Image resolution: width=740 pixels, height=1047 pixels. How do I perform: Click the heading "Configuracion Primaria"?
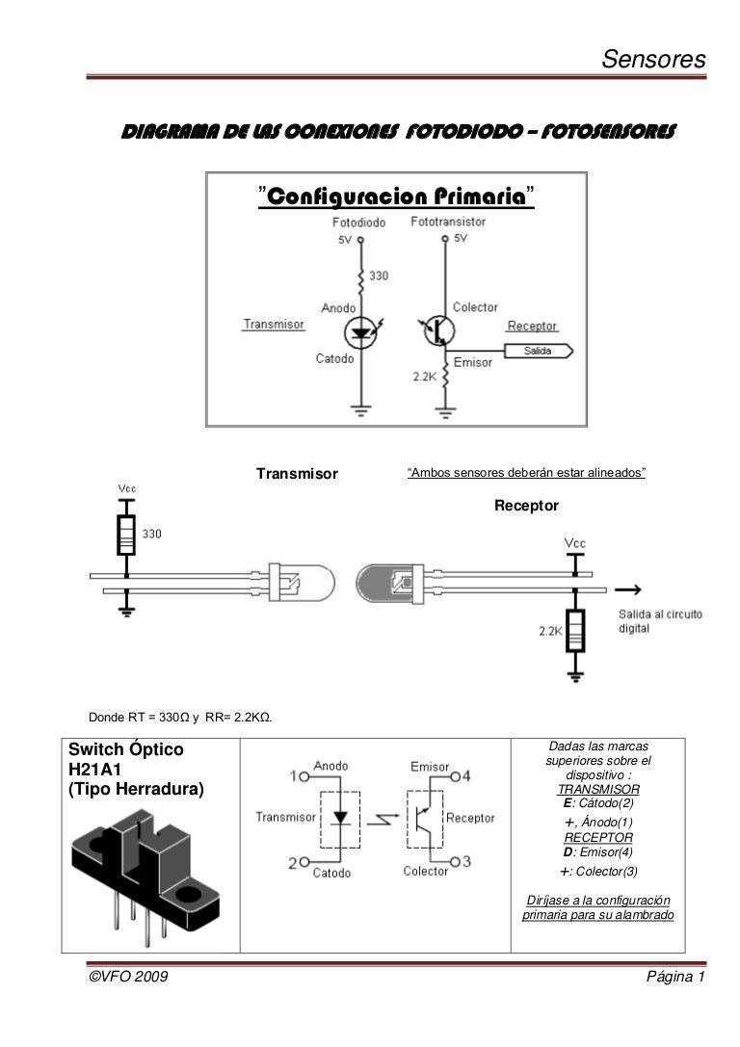(396, 196)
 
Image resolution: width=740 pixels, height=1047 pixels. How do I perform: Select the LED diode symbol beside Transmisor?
(361, 332)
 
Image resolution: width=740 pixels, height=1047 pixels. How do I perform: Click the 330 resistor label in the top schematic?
(379, 276)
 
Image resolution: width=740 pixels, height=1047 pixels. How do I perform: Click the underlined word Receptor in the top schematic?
(532, 327)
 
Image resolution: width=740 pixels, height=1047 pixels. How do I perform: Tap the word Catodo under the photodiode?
(334, 358)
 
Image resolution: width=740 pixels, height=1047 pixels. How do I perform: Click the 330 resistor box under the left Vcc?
(126, 536)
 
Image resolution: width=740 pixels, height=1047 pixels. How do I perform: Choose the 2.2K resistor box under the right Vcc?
(575, 632)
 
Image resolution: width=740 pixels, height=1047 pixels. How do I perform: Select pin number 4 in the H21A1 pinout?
(465, 774)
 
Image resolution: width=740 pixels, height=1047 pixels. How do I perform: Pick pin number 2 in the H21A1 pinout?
(292, 863)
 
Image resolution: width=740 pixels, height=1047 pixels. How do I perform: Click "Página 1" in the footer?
(676, 977)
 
